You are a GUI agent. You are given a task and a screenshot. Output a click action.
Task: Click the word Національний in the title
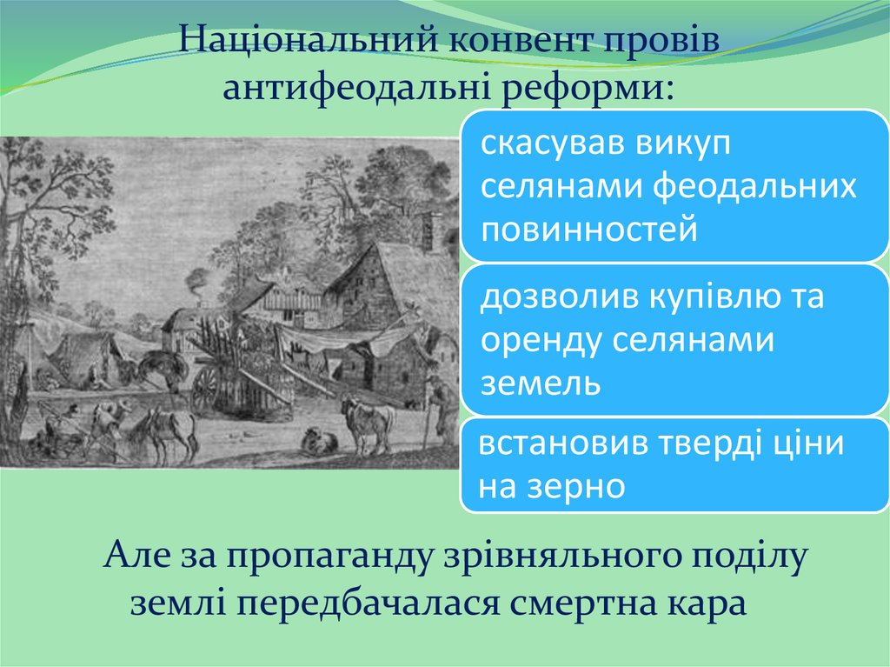[x=309, y=40]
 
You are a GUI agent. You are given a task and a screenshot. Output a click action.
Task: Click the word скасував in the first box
[x=552, y=143]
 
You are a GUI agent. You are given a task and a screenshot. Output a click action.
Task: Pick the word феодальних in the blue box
[x=754, y=187]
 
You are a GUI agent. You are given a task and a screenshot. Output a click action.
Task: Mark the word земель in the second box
[x=541, y=383]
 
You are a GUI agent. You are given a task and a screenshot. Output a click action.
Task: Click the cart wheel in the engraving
[x=207, y=390]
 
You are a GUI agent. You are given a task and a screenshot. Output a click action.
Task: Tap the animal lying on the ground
[x=318, y=440]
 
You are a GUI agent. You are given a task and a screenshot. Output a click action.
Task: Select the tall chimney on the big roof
[x=426, y=233]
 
